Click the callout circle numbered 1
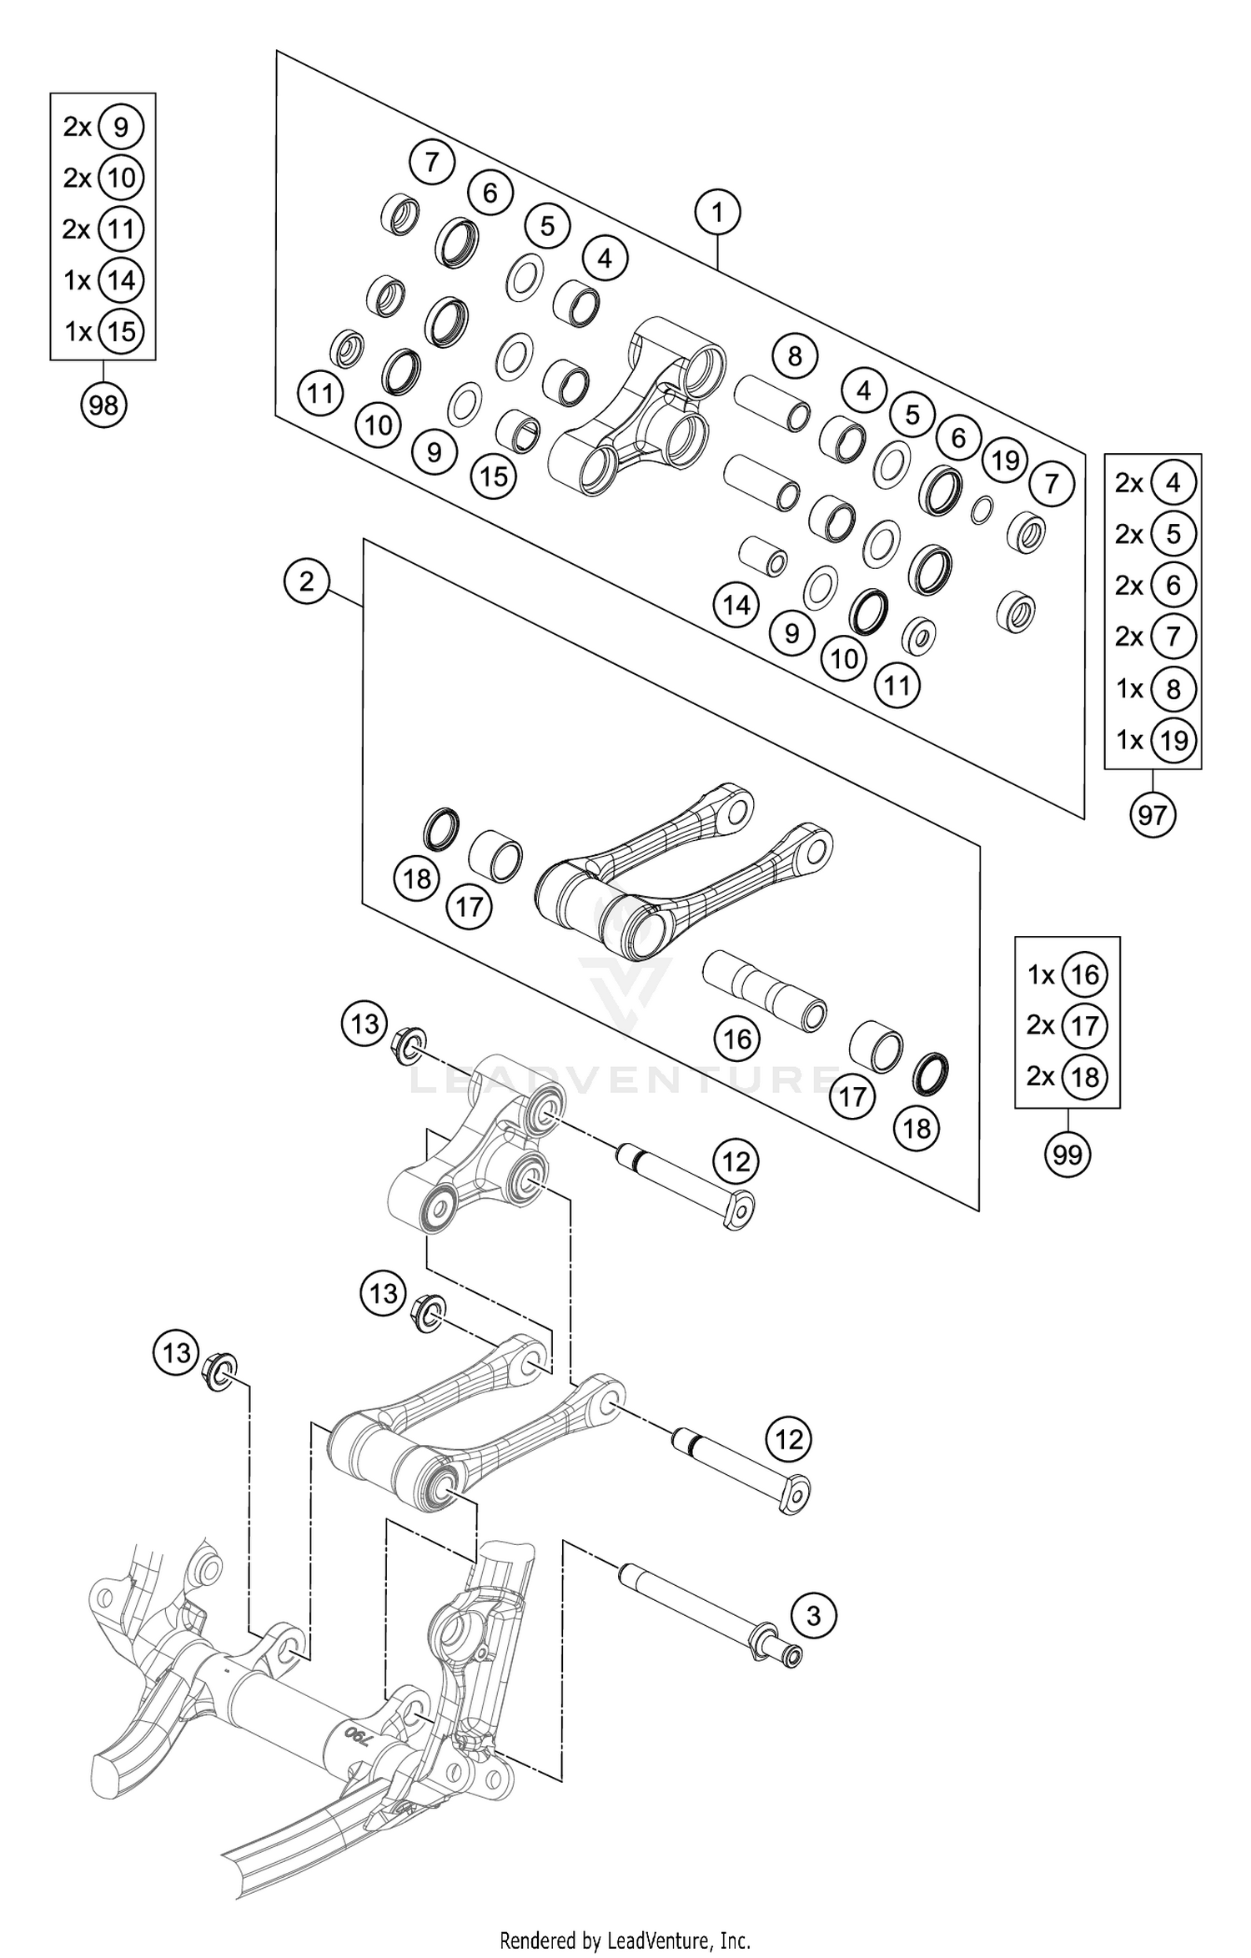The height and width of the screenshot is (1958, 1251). pos(717,213)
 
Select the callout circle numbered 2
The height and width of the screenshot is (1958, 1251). pos(306,581)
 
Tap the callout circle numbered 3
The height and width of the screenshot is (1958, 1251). pos(814,1616)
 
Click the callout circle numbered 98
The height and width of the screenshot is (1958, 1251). pos(103,405)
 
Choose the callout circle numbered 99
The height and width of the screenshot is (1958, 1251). pos(1068,1155)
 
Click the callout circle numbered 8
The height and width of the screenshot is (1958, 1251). pos(794,356)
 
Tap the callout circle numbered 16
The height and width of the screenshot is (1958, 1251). pos(737,1039)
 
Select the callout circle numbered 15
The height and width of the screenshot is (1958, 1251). pos(494,476)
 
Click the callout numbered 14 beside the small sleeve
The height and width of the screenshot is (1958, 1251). pos(736,605)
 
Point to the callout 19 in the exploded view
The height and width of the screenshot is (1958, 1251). pos(1006,460)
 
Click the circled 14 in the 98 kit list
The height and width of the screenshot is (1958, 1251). pos(121,280)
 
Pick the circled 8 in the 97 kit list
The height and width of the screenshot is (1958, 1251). pos(1173,689)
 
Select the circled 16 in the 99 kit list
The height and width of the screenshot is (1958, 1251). pos(1085,974)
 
